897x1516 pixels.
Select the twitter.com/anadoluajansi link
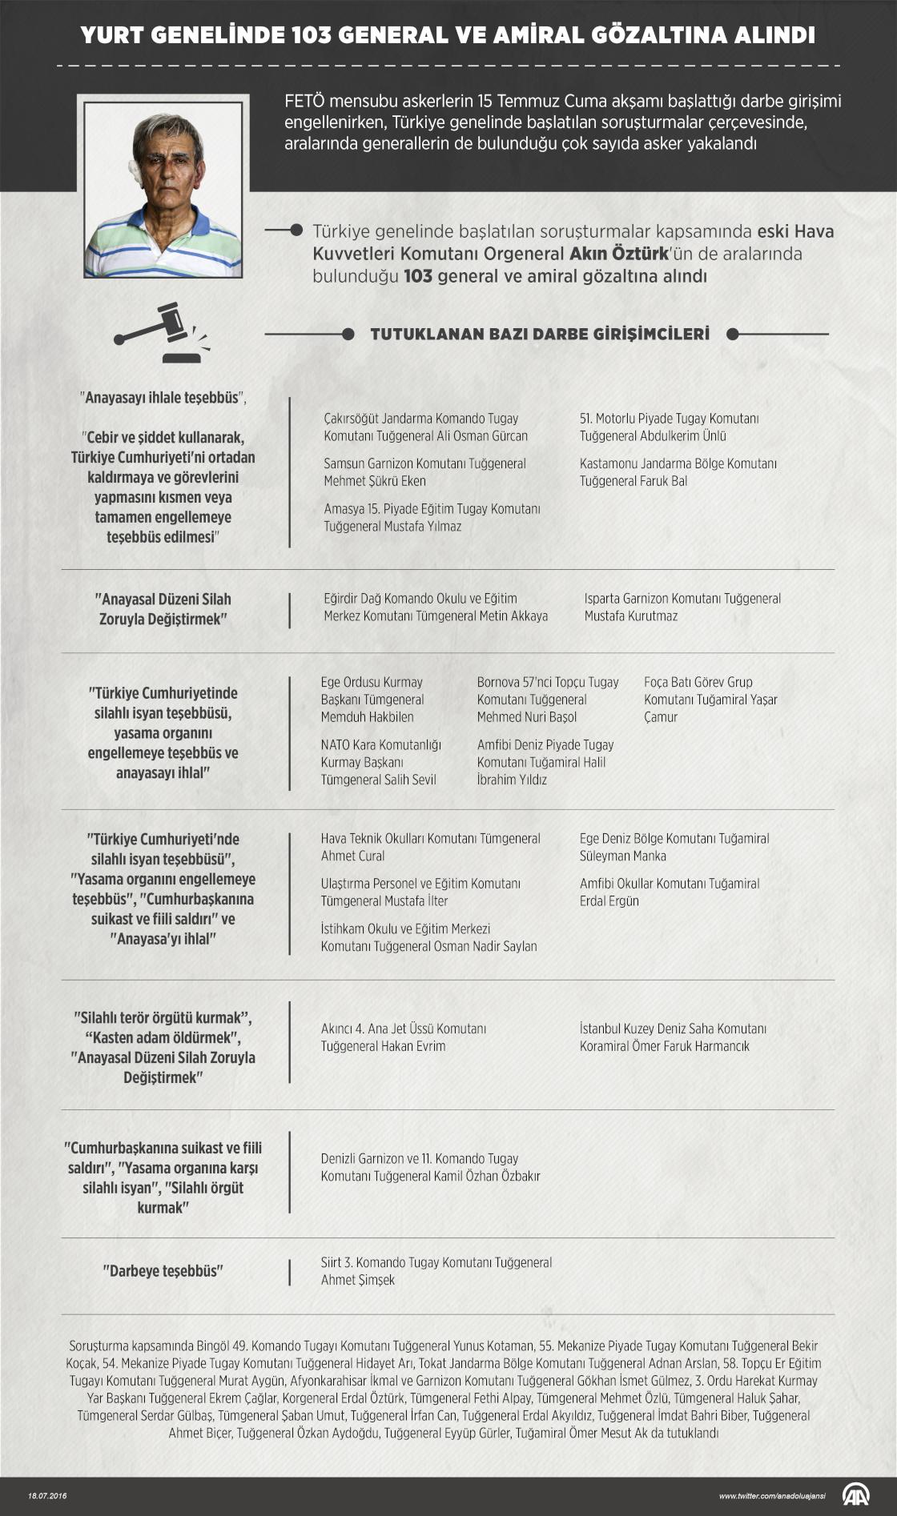771,1495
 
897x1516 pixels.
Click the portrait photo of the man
163,186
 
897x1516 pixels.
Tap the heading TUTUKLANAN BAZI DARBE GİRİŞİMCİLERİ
539,334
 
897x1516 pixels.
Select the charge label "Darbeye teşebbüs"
163,1270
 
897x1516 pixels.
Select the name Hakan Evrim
413,1046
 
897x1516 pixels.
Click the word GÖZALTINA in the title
633,35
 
